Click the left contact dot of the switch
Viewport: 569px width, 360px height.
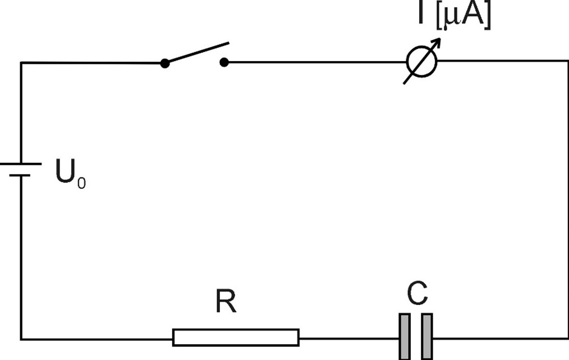164,63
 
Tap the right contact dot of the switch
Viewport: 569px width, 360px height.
224,63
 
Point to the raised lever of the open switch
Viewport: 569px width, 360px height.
196,52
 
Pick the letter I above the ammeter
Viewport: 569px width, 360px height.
420,15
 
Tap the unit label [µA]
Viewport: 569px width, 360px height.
462,17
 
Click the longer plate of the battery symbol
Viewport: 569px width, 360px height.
21,164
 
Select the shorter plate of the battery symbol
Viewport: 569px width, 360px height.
20,176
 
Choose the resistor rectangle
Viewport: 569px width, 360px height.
236,337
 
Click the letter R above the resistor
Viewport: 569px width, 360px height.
226,303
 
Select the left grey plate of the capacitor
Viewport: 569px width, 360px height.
405,336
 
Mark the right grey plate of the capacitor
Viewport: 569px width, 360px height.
427,336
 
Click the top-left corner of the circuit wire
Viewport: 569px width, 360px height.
21,63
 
